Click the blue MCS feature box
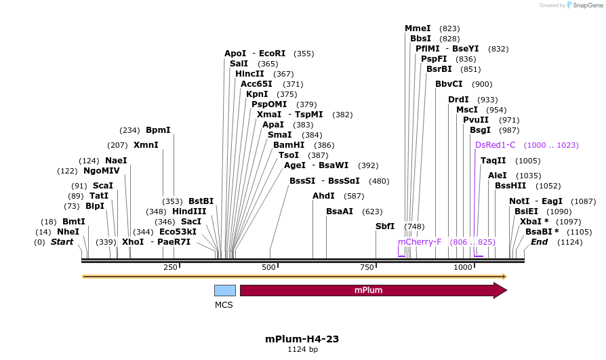225,290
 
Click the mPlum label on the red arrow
369,290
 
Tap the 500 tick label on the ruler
270,268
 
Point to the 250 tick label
170,268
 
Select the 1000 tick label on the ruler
463,268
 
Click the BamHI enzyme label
289,145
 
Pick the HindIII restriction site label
189,212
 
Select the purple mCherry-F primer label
420,242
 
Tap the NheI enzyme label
68,232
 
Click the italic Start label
62,242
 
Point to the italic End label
539,242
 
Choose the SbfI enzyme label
385,226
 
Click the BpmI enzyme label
158,130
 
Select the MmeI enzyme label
418,28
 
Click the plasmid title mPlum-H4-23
302,339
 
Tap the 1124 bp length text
302,350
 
